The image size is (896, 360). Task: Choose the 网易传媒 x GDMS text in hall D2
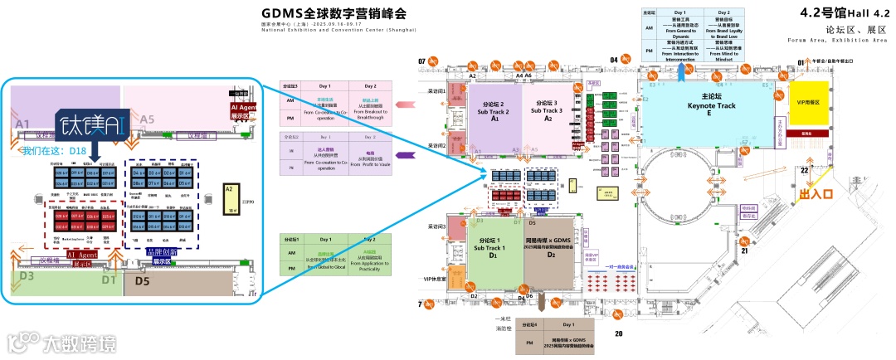coord(550,241)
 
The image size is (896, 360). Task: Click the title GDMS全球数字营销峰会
coord(334,14)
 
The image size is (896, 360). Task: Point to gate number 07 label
coord(421,61)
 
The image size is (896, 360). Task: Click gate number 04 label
coord(614,60)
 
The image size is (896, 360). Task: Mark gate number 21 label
coord(744,251)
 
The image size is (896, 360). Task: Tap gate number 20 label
coord(618,333)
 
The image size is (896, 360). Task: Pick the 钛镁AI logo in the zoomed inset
coord(91,124)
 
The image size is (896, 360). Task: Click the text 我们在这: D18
coord(55,151)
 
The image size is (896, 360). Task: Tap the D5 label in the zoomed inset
coord(142,282)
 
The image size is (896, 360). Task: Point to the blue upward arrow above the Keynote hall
coord(681,72)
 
